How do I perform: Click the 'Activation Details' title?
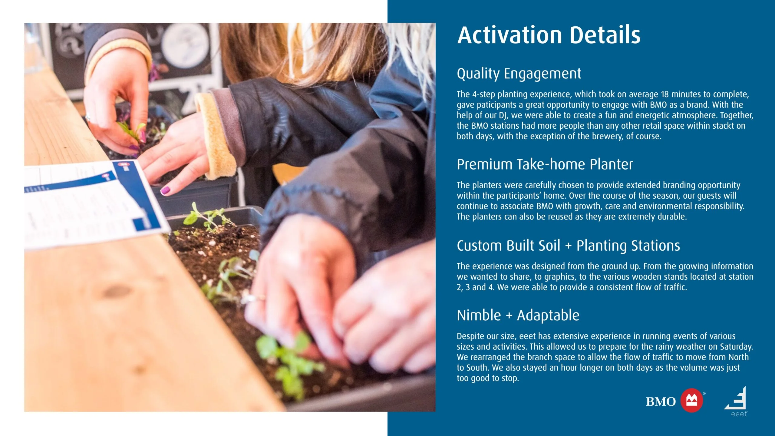(x=549, y=35)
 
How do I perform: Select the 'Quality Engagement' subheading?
(x=519, y=74)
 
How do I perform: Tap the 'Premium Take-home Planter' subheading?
(x=545, y=164)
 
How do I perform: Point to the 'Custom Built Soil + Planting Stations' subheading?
(x=568, y=246)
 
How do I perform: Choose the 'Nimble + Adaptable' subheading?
(x=518, y=315)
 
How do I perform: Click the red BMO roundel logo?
(x=691, y=400)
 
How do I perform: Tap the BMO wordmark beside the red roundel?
(x=661, y=401)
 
